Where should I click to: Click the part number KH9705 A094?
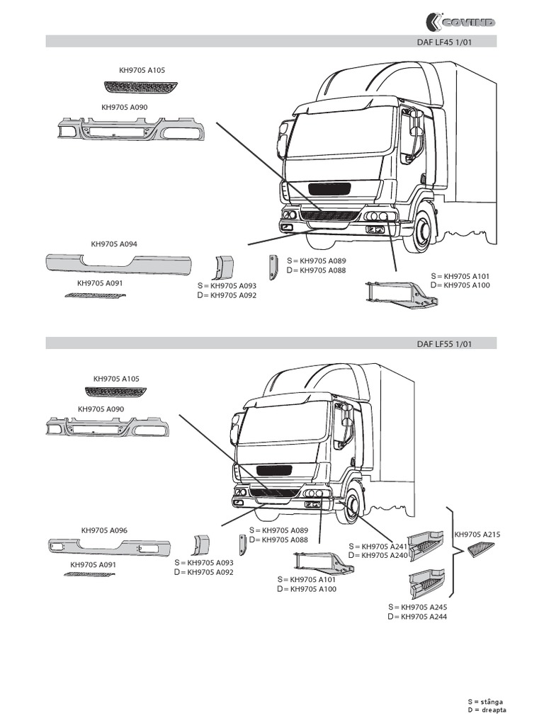114,244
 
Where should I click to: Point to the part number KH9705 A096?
104,530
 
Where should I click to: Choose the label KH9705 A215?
477,535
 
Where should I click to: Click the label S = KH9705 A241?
378,547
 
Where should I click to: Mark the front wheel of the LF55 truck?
351,503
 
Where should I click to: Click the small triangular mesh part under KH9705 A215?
483,549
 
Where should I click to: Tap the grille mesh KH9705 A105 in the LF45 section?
142,86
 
